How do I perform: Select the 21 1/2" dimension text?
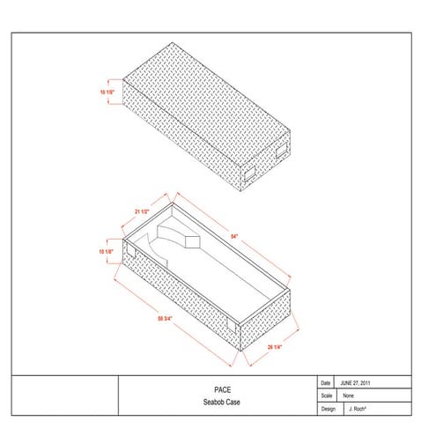[x=144, y=212]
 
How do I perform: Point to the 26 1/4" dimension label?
[x=276, y=347]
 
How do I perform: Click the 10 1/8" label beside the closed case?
[x=107, y=90]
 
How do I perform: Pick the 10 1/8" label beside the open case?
[x=107, y=252]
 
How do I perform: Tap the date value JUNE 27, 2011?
[x=358, y=383]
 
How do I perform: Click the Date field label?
[x=326, y=383]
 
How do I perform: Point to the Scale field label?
[x=327, y=396]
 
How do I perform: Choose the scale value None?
[x=349, y=396]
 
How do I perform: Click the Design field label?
[x=329, y=410]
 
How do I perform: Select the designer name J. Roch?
[x=356, y=410]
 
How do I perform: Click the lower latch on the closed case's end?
[x=249, y=167]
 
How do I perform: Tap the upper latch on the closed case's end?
[x=280, y=151]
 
